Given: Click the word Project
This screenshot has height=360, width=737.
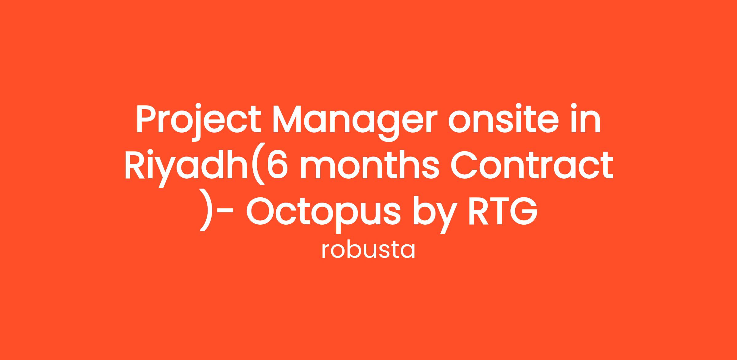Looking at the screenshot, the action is coord(198,123).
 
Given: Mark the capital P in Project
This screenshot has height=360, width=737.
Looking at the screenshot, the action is coord(147,119).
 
